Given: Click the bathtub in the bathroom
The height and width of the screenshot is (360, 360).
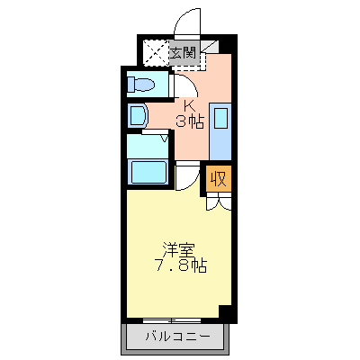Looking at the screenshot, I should coord(147,171).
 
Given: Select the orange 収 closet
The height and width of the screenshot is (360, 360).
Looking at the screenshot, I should coord(219,177).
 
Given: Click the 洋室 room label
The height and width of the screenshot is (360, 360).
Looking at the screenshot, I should coord(178,247).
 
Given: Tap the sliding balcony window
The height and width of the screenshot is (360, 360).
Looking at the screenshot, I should coord(172,319).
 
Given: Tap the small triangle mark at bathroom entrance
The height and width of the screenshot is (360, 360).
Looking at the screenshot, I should coord(164,139).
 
